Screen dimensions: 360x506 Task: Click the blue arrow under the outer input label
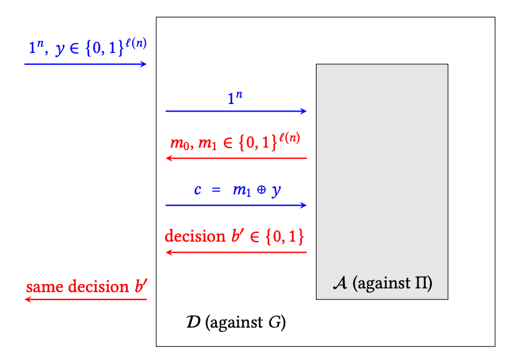click(x=85, y=64)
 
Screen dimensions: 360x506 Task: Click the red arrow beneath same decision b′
click(x=85, y=300)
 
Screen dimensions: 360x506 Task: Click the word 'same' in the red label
click(x=41, y=287)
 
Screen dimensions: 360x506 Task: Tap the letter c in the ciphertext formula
click(x=197, y=189)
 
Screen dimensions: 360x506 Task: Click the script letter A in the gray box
click(x=340, y=283)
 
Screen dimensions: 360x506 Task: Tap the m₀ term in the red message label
click(x=178, y=143)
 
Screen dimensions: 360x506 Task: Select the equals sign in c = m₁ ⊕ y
click(x=216, y=190)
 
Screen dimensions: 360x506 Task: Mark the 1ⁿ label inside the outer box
click(x=234, y=97)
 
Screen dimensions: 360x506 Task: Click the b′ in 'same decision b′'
click(x=141, y=287)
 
